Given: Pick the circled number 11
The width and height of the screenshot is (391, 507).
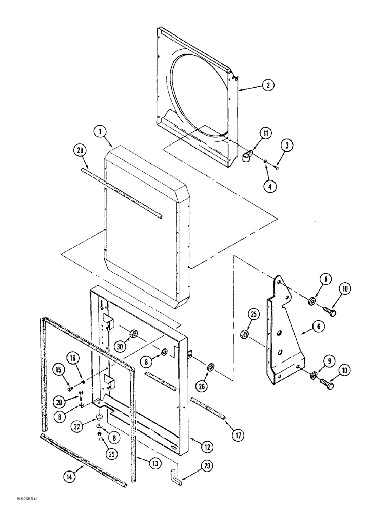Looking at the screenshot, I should (x=266, y=133).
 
